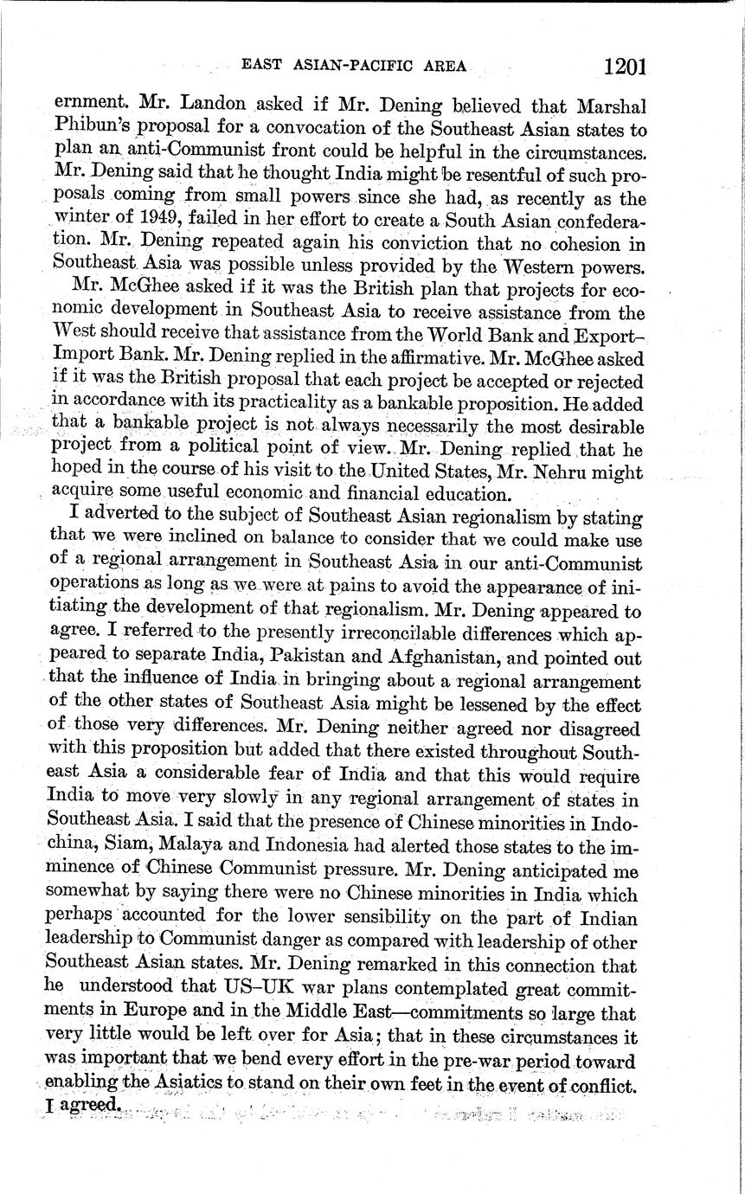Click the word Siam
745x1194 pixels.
coord(132,865)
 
